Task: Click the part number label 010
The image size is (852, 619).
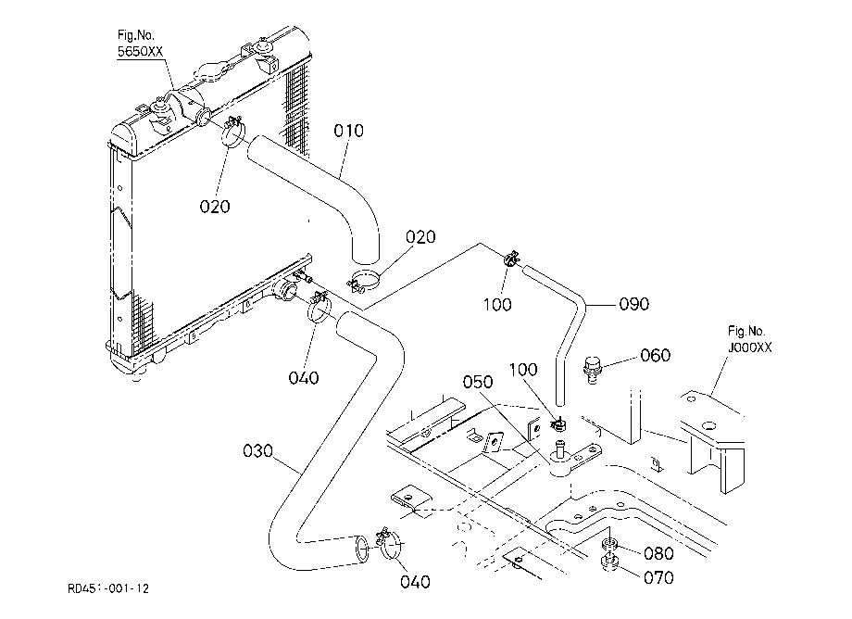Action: coord(348,131)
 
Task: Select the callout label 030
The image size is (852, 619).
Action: coord(257,451)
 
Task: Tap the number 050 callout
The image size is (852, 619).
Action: coord(478,382)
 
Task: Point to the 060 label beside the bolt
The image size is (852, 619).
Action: coord(656,356)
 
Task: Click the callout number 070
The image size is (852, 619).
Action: coord(658,577)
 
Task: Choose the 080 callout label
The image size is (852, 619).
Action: coord(658,553)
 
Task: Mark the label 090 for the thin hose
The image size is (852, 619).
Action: coord(634,304)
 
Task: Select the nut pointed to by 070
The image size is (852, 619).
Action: coord(609,563)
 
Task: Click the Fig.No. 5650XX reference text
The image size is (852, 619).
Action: coord(140,44)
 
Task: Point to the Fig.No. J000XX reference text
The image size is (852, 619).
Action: coord(749,340)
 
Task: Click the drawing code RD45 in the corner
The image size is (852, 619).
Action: coord(108,588)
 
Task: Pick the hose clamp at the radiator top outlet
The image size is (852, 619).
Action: coord(233,132)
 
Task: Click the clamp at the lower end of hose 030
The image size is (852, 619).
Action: coord(390,543)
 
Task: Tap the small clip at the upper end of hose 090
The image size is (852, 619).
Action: coord(512,259)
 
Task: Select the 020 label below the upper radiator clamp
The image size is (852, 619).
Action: coord(215,207)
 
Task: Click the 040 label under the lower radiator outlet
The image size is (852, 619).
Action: coord(303,378)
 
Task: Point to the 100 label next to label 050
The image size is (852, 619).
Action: coord(522,370)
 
